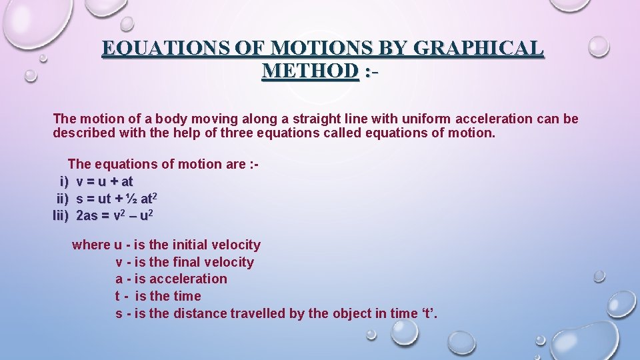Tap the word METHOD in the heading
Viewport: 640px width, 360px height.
311,70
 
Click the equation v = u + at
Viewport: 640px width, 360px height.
105,181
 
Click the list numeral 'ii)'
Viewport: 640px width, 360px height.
62,198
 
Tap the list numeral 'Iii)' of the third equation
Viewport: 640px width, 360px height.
61,215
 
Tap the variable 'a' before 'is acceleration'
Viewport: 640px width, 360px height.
119,279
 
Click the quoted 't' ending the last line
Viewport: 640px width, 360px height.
428,313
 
